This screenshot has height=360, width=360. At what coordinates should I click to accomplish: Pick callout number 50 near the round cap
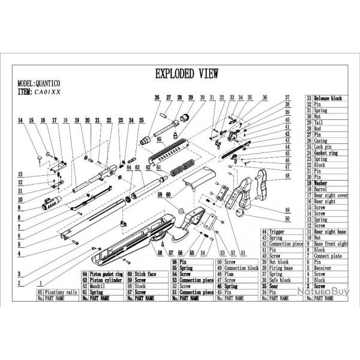coord(287,218)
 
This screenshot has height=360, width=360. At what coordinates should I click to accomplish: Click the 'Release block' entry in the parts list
coord(329,97)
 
